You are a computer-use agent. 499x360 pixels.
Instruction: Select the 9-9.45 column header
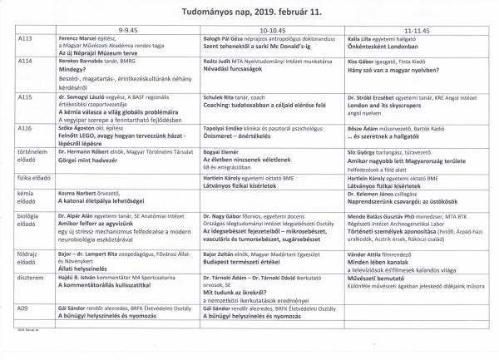click(x=130, y=29)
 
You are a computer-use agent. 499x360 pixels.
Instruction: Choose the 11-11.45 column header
click(x=415, y=29)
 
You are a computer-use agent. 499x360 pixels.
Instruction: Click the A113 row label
click(x=24, y=38)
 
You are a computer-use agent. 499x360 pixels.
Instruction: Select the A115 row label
click(x=24, y=97)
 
